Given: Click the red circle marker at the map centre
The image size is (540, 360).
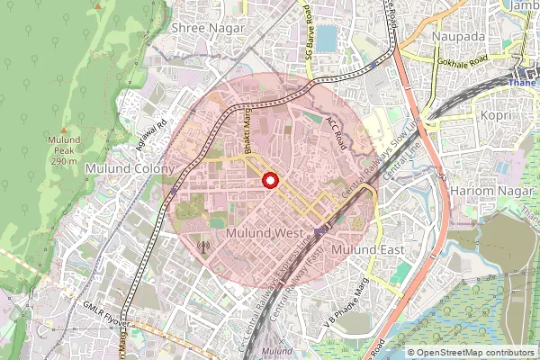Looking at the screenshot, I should click(x=269, y=181).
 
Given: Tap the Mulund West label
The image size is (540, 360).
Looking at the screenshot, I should click(x=265, y=233).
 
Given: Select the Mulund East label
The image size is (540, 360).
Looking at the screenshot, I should click(x=368, y=248).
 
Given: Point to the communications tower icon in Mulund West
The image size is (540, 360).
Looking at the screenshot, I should click(x=202, y=245).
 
